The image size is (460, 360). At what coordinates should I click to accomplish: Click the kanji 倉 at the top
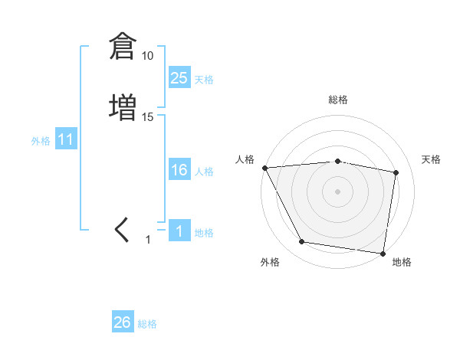(x=122, y=47)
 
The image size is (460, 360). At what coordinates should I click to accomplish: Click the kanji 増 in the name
(x=122, y=106)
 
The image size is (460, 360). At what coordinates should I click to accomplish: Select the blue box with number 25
(x=179, y=78)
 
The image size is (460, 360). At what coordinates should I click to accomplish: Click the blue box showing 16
(x=179, y=170)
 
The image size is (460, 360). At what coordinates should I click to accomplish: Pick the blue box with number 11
(x=65, y=140)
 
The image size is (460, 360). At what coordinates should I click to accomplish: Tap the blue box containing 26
(x=123, y=322)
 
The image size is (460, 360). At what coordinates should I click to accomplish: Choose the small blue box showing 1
(x=179, y=231)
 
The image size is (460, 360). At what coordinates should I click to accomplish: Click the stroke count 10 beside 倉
(x=148, y=56)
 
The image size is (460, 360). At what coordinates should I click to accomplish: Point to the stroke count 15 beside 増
(x=148, y=116)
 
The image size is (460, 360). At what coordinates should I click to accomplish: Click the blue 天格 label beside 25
(x=204, y=80)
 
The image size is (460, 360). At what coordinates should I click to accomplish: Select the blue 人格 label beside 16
(x=204, y=172)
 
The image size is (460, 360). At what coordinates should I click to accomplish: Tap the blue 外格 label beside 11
(x=41, y=142)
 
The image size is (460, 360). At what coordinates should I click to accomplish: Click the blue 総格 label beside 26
(x=147, y=324)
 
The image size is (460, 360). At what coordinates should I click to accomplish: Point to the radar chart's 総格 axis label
(x=338, y=100)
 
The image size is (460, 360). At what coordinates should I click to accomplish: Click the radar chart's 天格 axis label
(x=431, y=159)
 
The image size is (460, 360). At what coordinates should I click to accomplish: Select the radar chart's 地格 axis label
(x=402, y=262)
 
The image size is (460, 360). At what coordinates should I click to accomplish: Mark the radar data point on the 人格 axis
(x=264, y=168)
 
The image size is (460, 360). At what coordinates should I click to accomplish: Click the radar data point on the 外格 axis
(x=301, y=243)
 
